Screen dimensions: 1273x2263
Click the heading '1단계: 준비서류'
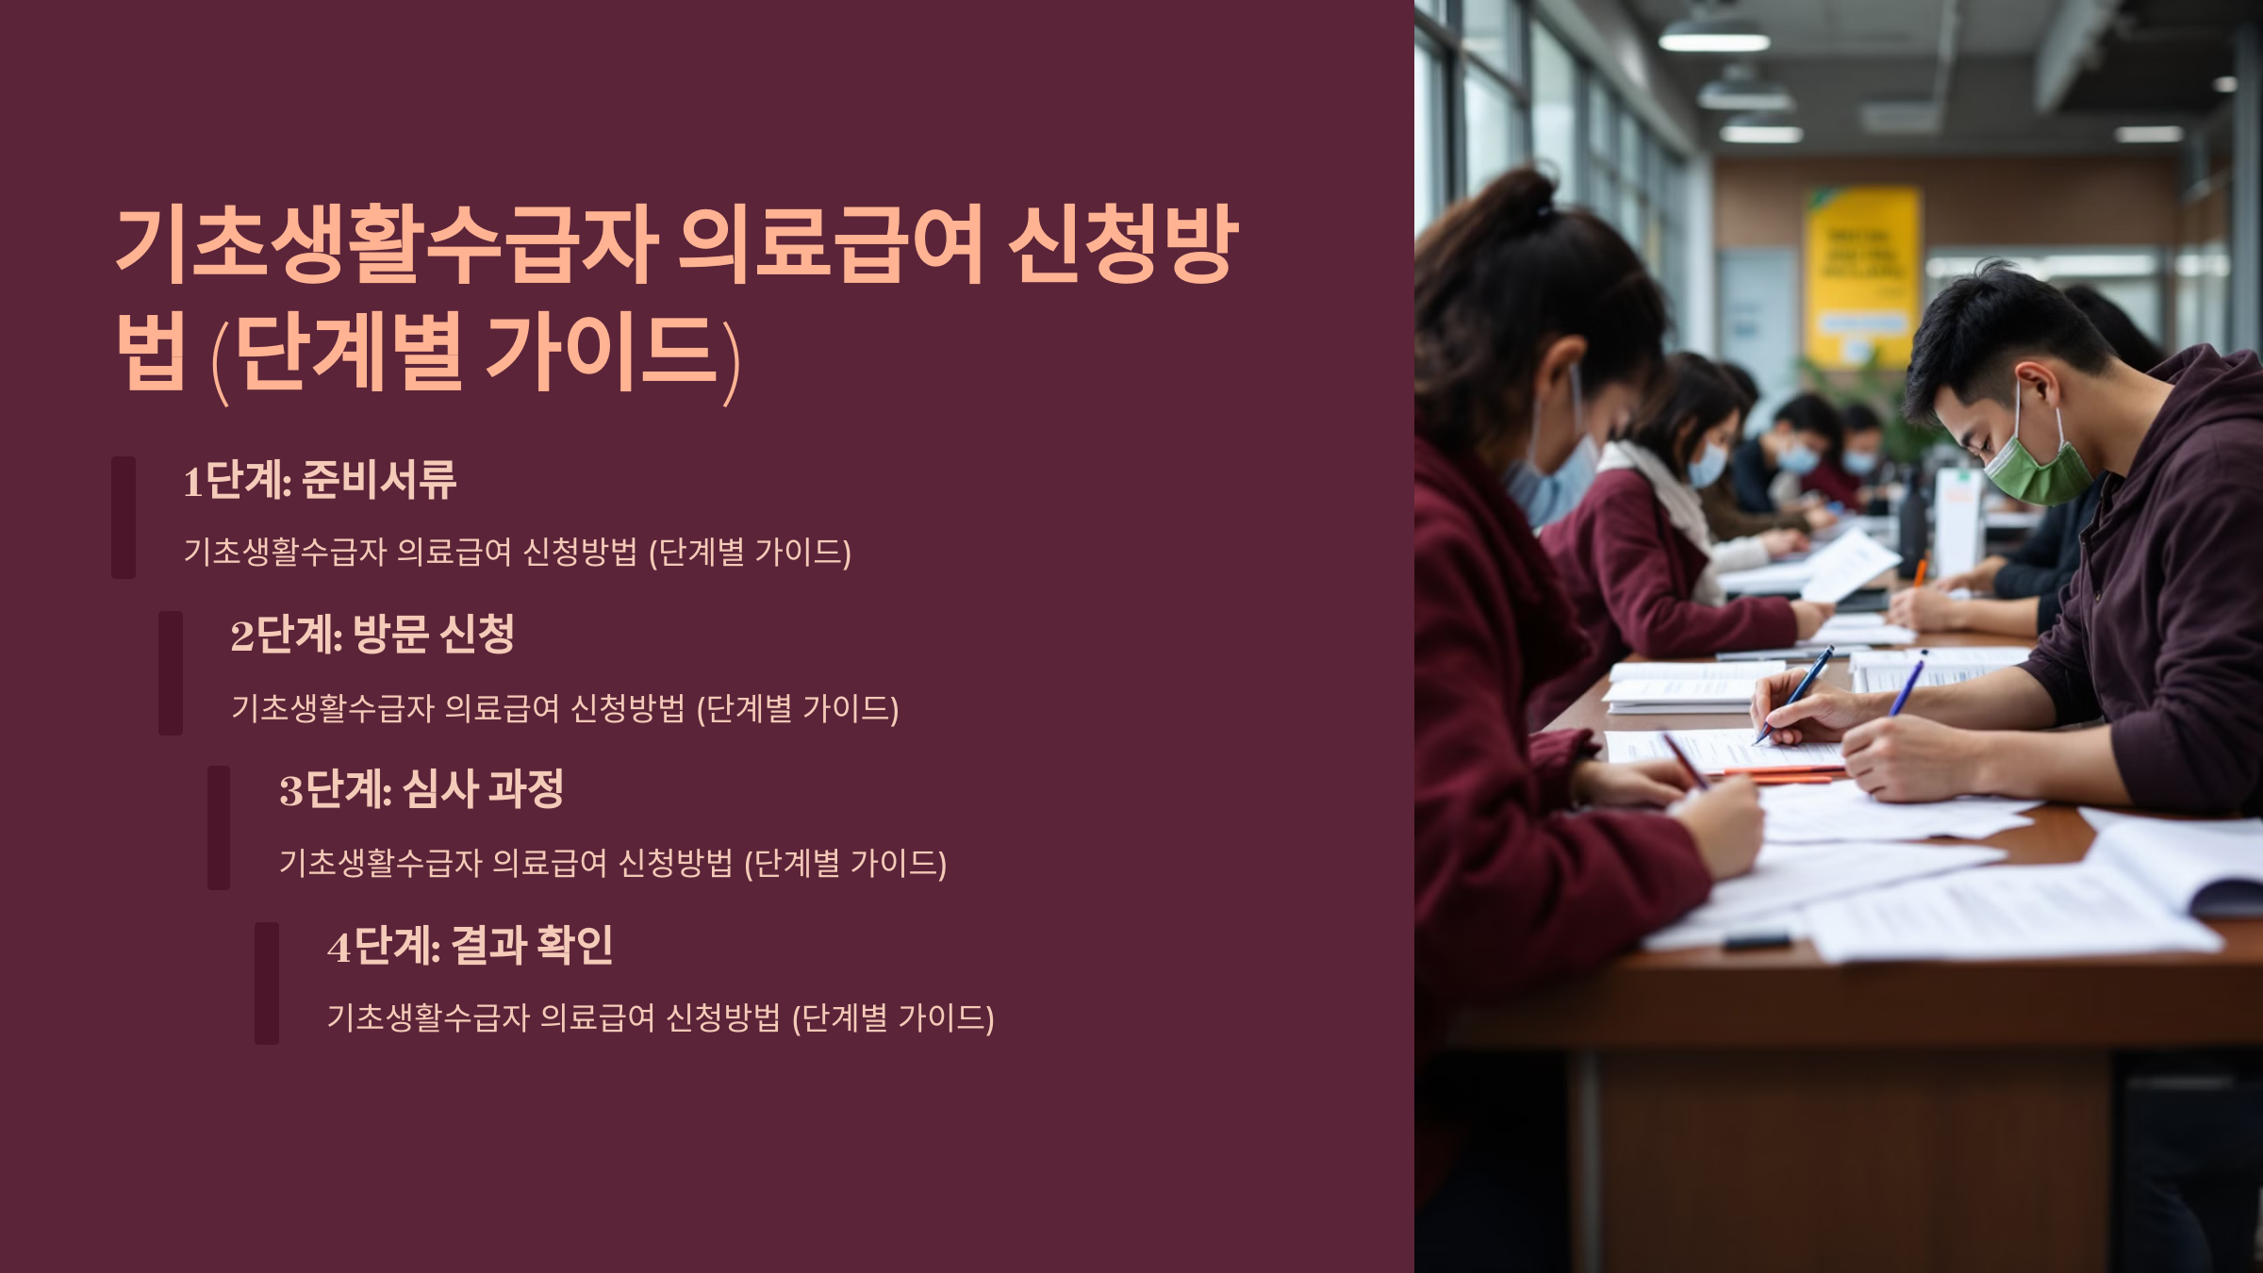click(x=320, y=480)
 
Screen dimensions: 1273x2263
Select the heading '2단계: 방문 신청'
click(x=372, y=635)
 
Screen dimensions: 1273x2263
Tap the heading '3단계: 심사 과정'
click(x=421, y=789)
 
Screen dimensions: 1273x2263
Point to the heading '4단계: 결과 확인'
click(x=470, y=945)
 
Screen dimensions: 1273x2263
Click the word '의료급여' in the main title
click(x=831, y=245)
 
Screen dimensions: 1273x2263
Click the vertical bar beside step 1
click(x=124, y=517)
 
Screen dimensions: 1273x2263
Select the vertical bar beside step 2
click(x=171, y=672)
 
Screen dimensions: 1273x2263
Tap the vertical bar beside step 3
click(x=219, y=827)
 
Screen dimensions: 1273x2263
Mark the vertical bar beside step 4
click(x=267, y=983)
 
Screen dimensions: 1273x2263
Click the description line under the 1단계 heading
click(x=517, y=553)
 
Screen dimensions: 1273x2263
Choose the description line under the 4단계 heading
click(x=660, y=1018)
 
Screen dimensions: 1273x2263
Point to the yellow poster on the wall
click(x=1862, y=273)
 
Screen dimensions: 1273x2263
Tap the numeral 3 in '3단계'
click(x=290, y=790)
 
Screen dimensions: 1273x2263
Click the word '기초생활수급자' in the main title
click(x=387, y=245)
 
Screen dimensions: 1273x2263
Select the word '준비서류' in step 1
click(x=379, y=480)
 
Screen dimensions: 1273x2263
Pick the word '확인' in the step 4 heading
click(x=574, y=945)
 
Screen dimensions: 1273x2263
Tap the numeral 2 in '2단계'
click(x=242, y=636)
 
